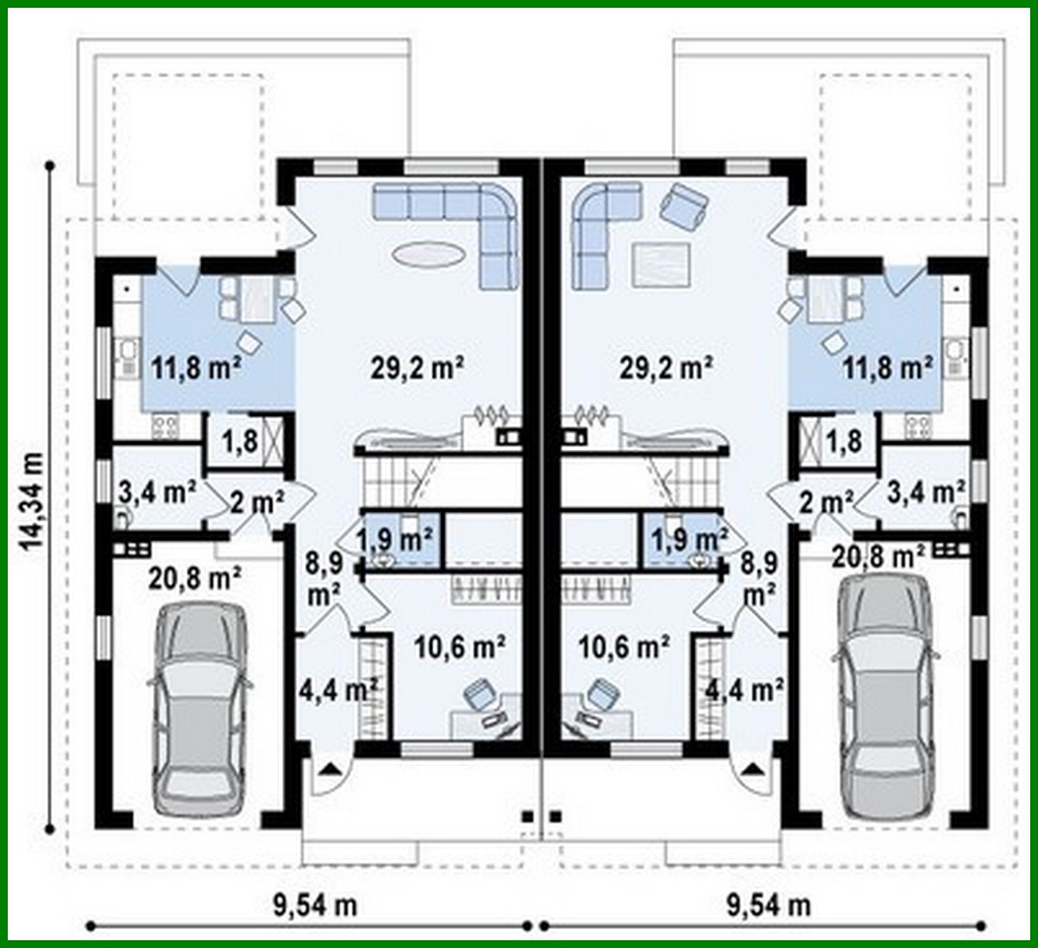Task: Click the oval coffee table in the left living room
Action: (429, 255)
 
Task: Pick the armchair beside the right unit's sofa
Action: (684, 207)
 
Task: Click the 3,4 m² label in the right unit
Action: (927, 493)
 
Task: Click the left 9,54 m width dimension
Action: (314, 905)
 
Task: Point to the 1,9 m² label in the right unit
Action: (687, 541)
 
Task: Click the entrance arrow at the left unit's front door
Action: (331, 768)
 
